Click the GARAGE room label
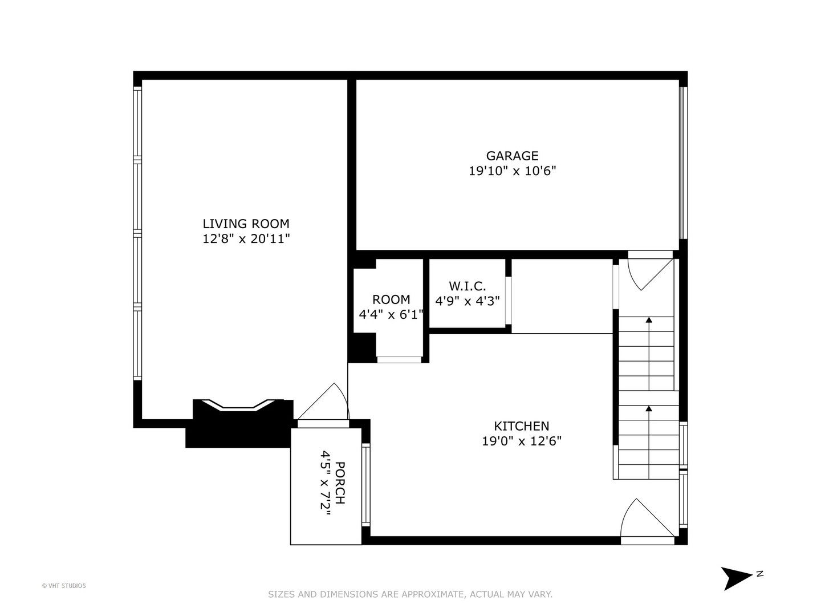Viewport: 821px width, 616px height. tap(512, 156)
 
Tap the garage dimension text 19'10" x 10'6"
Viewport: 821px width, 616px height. tap(513, 171)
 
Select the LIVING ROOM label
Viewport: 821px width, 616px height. tap(246, 224)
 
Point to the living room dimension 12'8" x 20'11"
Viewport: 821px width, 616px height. tap(246, 238)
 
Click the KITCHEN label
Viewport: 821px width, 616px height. tap(522, 426)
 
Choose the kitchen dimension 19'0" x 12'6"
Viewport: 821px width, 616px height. tap(522, 441)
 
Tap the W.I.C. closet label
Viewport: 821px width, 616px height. tap(467, 286)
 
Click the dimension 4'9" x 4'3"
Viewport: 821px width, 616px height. tap(467, 301)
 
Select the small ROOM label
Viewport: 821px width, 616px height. tap(391, 299)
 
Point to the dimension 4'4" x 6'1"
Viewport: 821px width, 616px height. tap(391, 314)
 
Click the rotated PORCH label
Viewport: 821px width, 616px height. tap(340, 483)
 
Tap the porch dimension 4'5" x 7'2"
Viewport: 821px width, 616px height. tap(325, 483)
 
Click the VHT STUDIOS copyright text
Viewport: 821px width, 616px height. tap(64, 586)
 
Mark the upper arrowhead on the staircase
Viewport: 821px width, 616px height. tap(649, 320)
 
